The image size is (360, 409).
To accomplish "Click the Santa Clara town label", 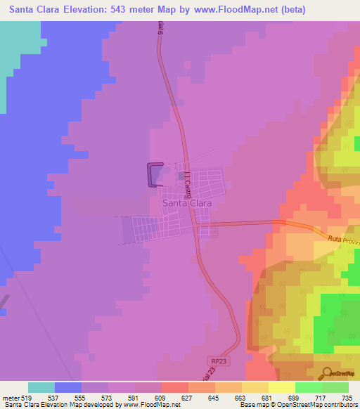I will pyautogui.click(x=187, y=203).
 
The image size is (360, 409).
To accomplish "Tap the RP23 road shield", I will pyautogui.click(x=219, y=361).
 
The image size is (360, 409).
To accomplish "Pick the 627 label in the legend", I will pyautogui.click(x=188, y=398).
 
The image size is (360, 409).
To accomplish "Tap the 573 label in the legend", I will pyautogui.click(x=108, y=398).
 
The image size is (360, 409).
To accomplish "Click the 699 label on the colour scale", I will pyautogui.click(x=295, y=398).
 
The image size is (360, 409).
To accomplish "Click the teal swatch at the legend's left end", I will pyautogui.click(x=41, y=387).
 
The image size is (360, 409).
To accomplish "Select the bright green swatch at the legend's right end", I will pyautogui.click(x=335, y=387).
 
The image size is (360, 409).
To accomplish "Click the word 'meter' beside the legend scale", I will pyautogui.click(x=10, y=398).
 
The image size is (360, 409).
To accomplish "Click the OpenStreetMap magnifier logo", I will pyautogui.click(x=327, y=373).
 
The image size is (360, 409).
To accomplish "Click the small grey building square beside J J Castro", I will pyautogui.click(x=181, y=176).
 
